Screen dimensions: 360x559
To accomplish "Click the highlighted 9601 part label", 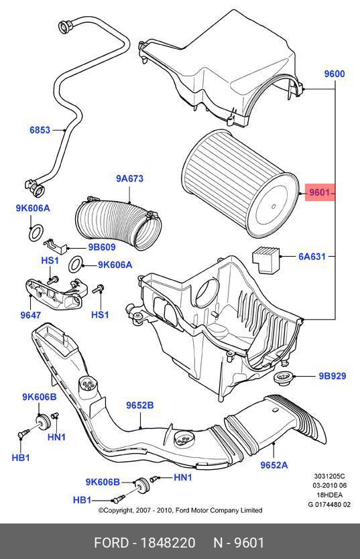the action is pos(319,193).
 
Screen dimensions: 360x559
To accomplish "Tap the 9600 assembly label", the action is pos(335,74).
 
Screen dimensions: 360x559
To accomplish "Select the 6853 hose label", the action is pos(40,130).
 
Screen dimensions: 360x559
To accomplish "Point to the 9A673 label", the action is pos(130,178).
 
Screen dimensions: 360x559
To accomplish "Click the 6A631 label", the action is pos(312,256).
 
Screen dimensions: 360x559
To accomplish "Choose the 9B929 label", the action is pos(333,376).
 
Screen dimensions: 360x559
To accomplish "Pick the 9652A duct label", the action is pos(274,465).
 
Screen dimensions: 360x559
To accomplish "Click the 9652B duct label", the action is pos(139,406).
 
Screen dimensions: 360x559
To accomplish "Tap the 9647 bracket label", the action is pos(31,315).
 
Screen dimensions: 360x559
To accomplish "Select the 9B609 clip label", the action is pos(102,247).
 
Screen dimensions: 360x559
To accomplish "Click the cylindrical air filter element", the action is pos(239,184).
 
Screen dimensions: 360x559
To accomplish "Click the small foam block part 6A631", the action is pos(267,260).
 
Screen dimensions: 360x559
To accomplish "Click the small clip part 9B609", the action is pos(55,245).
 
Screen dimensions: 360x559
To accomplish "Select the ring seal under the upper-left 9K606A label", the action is pos(36,233).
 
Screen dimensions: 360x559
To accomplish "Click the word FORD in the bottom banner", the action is pos(111,543).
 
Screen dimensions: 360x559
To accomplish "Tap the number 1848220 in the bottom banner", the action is pos(168,543).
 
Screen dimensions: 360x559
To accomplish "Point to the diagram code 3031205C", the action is pos(329,476).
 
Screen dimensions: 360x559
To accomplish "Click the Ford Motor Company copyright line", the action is pos(180,511).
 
